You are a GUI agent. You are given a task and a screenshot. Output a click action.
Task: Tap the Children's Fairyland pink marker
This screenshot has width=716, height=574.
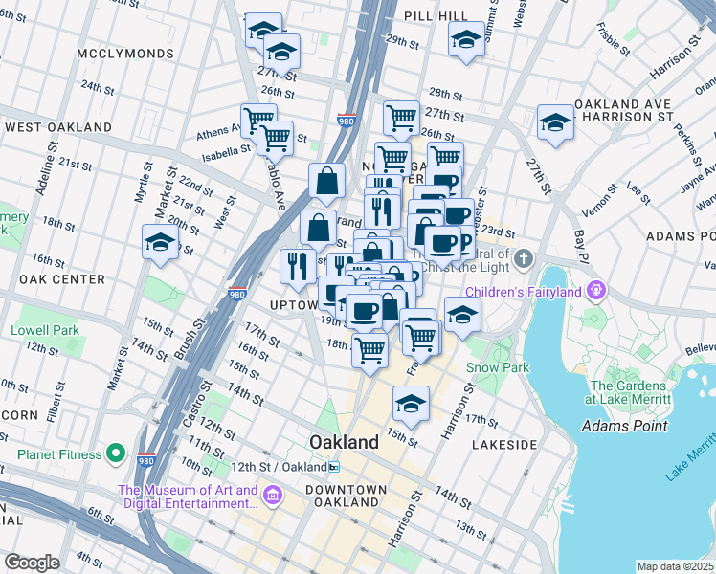[597, 289]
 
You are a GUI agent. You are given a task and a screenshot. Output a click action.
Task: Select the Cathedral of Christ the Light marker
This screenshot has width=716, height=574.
[523, 258]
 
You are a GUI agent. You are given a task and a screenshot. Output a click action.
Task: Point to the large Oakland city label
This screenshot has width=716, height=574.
[344, 442]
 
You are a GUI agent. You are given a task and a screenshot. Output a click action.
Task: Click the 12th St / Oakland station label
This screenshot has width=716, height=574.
[287, 467]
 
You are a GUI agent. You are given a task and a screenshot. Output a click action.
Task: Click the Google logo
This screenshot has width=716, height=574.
[32, 563]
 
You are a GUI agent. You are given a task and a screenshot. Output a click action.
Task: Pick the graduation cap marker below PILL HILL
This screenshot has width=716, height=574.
[466, 40]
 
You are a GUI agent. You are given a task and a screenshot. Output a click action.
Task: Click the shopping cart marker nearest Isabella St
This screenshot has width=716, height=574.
[275, 138]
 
